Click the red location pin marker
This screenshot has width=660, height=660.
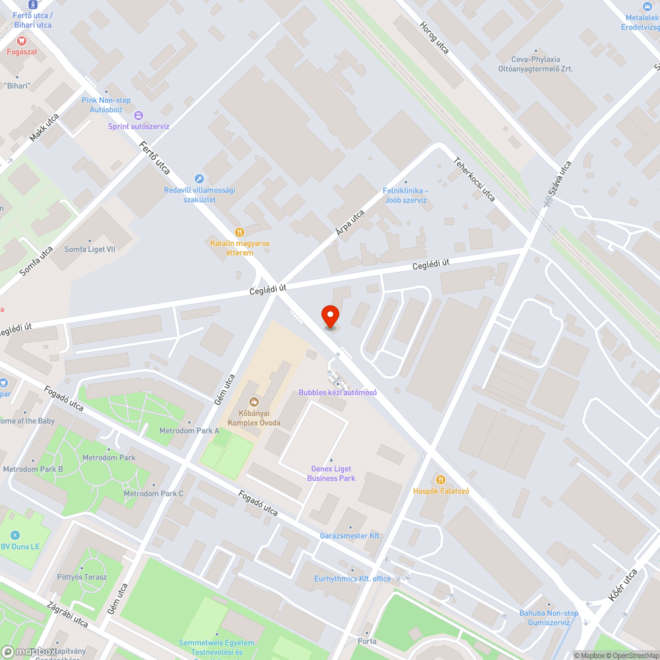(x=330, y=316)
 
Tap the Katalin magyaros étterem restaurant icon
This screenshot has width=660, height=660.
(x=240, y=232)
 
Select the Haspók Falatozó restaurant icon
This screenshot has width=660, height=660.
(x=440, y=480)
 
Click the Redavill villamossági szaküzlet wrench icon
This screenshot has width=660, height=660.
(x=199, y=179)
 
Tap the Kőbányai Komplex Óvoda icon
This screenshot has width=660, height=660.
(x=253, y=401)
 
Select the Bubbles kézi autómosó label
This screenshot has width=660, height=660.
(x=337, y=392)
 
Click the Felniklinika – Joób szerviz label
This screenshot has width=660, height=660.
(x=405, y=195)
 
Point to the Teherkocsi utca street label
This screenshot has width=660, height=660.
(x=474, y=178)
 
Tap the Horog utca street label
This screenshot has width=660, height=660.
(x=434, y=37)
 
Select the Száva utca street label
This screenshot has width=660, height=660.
(x=558, y=178)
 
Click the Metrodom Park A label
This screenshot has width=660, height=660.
(x=189, y=430)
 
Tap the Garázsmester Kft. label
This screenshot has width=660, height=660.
(x=350, y=535)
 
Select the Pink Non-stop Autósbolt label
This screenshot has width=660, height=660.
(x=106, y=104)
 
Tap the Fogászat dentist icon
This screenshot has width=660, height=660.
(x=22, y=40)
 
